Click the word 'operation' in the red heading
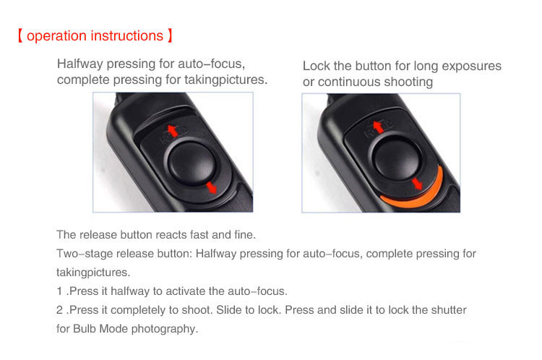pyautogui.click(x=56, y=36)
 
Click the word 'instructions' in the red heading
pyautogui.click(x=127, y=35)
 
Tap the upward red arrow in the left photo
pyautogui.click(x=173, y=131)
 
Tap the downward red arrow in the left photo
pyautogui.click(x=211, y=188)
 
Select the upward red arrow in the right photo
pyautogui.click(x=379, y=127)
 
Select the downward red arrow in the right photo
pyautogui.click(x=417, y=184)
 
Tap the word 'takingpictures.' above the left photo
pyautogui.click(x=226, y=80)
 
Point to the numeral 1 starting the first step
pyautogui.click(x=59, y=291)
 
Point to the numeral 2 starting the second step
pyautogui.click(x=60, y=310)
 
